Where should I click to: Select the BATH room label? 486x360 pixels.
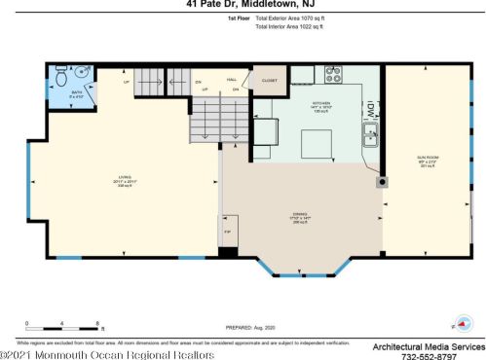(x=75, y=94)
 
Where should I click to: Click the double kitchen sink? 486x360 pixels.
(x=371, y=134)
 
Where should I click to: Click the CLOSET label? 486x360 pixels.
(x=268, y=81)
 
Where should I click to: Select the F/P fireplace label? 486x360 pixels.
(x=227, y=234)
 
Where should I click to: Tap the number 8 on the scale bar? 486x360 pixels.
(x=99, y=322)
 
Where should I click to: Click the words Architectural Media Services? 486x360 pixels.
(x=429, y=345)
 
